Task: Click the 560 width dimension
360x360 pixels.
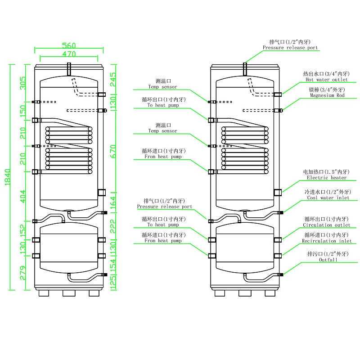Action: [x=69, y=45]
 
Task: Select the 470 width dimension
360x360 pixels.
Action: [x=69, y=54]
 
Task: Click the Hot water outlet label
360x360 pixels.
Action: [x=327, y=80]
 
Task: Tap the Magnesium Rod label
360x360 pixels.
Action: [x=327, y=95]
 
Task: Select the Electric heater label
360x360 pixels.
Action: [x=327, y=178]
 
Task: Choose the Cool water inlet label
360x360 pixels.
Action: [x=328, y=198]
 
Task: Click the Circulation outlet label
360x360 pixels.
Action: [x=326, y=225]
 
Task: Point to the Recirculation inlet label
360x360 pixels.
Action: [x=326, y=241]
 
